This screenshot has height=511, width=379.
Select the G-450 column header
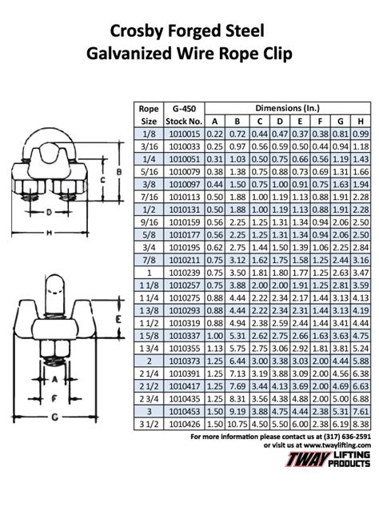[x=185, y=107]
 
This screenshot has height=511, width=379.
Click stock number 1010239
[x=185, y=273]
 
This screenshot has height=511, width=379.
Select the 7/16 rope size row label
[x=147, y=196]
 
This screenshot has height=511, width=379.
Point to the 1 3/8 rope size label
[x=147, y=310]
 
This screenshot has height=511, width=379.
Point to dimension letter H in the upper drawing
[x=50, y=233]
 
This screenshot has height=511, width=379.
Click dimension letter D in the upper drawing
[x=49, y=212]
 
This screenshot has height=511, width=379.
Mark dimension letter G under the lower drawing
[x=52, y=417]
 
